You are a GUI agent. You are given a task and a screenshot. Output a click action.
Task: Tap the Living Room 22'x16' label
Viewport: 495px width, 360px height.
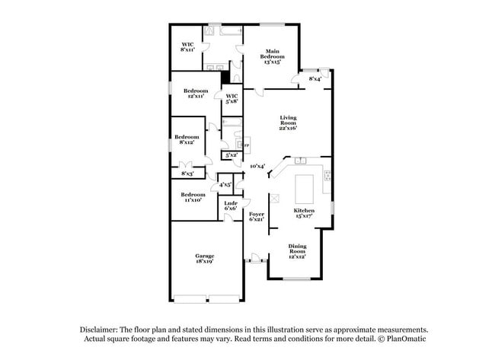coord(288,123)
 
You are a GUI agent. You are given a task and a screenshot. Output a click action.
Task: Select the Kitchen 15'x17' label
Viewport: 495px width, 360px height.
coord(304,212)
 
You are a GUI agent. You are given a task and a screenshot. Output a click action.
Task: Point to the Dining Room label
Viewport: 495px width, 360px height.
coord(297,250)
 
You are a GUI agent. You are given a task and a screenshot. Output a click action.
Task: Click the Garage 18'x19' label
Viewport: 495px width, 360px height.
coord(204,258)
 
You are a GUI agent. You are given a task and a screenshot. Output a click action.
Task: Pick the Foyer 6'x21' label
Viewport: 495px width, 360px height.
coord(257,217)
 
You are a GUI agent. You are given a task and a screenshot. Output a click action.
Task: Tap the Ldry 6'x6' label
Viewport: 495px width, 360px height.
coord(229,205)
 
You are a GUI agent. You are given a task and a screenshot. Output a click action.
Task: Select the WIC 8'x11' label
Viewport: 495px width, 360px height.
coord(187,46)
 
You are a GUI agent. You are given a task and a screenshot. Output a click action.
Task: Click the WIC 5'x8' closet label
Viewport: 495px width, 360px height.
coord(232,98)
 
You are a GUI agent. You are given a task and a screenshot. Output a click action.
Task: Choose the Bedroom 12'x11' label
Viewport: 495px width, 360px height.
coord(196,94)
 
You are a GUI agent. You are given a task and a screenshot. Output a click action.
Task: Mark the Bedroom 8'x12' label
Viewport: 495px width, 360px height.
coord(187,139)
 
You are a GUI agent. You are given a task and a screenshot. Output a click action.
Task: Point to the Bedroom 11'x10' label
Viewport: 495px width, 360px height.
coord(193,197)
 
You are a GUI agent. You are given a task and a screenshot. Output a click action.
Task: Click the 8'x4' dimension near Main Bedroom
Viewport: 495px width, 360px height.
coord(315,78)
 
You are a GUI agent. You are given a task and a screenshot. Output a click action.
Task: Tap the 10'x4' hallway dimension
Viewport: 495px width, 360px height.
coord(257,166)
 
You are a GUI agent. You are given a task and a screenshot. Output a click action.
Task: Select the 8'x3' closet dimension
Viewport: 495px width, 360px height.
coord(187,174)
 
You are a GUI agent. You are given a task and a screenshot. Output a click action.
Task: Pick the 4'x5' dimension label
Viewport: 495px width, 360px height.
coord(225,184)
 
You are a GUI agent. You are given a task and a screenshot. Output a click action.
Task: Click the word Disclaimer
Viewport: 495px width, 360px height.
coord(101,328)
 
